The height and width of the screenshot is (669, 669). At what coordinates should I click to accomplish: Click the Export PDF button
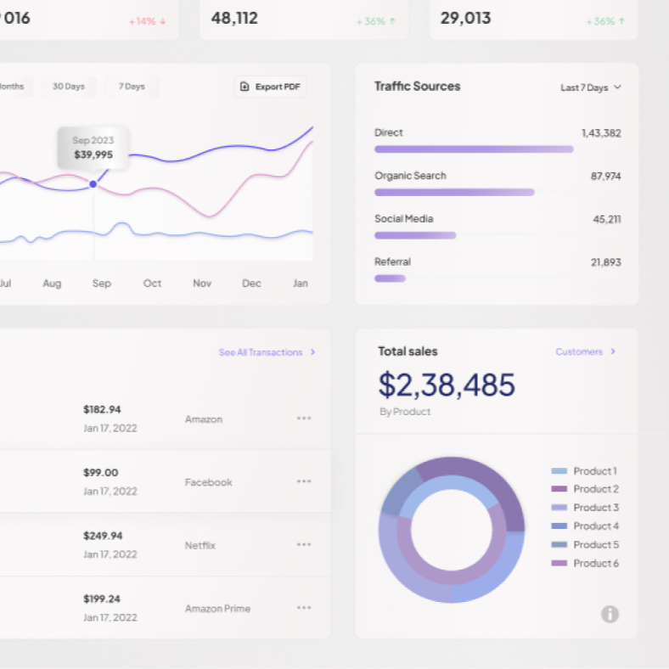click(x=270, y=87)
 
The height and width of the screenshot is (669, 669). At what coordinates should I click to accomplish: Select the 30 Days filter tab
click(x=69, y=87)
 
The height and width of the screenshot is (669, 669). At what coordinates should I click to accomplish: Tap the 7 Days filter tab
click(x=132, y=87)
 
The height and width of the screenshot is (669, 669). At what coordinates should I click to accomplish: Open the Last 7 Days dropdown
click(x=591, y=87)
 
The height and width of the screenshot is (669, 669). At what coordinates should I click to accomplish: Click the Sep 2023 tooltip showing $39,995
click(x=93, y=148)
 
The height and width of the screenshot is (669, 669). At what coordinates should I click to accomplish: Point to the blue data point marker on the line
click(x=93, y=184)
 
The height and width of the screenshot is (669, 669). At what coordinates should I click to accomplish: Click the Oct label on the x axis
click(x=152, y=284)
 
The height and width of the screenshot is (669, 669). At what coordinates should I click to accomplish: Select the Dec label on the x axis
click(x=251, y=284)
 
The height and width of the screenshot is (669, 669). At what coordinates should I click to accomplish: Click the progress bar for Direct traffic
click(x=474, y=149)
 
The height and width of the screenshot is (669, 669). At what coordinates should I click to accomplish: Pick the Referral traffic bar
click(x=390, y=278)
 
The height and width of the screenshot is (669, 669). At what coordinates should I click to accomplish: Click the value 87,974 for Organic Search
click(x=605, y=177)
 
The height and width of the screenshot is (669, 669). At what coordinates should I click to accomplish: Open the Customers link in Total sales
click(x=585, y=351)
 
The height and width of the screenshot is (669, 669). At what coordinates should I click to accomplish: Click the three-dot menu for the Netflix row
click(x=304, y=545)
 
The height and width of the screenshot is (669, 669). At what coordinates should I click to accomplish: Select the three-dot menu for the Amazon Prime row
click(x=304, y=608)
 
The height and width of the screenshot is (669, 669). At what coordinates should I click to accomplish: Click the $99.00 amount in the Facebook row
click(x=101, y=473)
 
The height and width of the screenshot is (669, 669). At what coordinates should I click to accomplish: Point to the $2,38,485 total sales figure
click(x=447, y=385)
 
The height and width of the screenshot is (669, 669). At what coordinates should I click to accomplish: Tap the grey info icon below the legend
click(x=610, y=614)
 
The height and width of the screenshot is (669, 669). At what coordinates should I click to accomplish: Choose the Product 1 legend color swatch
click(x=559, y=471)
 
